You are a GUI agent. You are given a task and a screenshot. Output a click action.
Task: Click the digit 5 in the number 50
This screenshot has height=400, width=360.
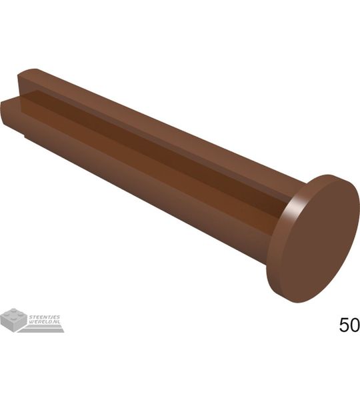(345, 325)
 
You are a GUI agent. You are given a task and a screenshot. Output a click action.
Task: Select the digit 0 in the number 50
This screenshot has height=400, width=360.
(355, 325)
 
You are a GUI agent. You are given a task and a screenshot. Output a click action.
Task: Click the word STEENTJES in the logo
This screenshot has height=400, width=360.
(45, 317)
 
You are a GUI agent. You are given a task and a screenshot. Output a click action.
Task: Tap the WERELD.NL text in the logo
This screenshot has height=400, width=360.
(45, 322)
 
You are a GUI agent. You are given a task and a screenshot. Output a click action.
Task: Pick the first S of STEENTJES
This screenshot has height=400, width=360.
(31, 317)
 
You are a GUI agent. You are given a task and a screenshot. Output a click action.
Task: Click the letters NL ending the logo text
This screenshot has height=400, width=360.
(58, 322)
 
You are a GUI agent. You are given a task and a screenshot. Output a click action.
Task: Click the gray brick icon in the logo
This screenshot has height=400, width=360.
(13, 319)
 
